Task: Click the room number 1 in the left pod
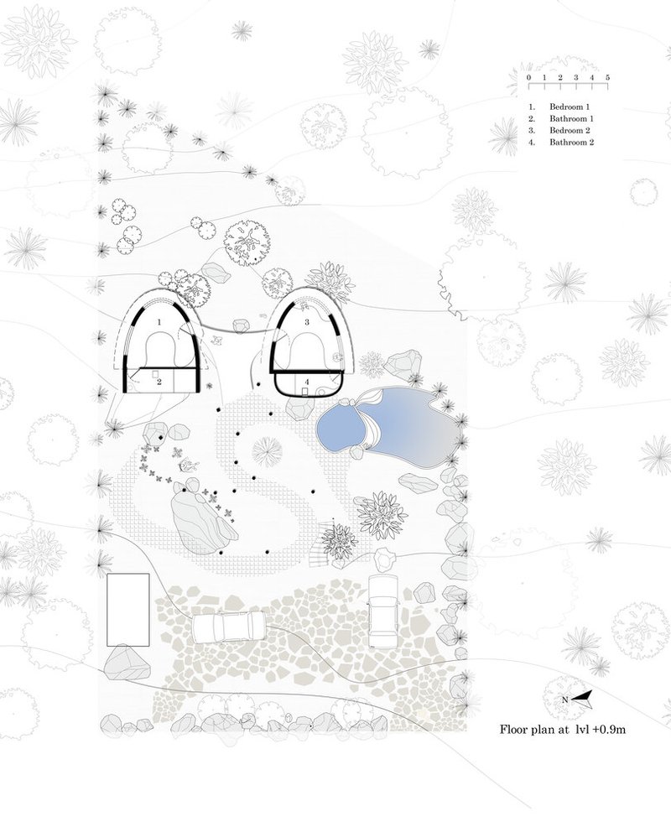159,321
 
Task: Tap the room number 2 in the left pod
159,382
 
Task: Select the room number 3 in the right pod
306,322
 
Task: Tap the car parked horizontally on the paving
228,626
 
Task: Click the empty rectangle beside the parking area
128,610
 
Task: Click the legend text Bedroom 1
570,107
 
